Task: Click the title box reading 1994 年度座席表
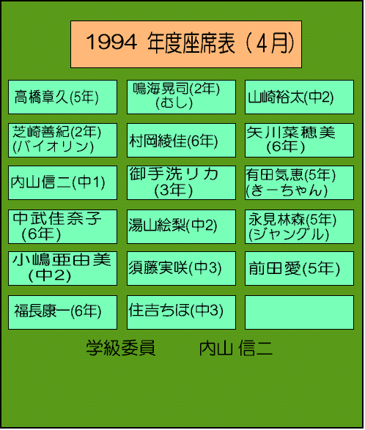coord(186,44)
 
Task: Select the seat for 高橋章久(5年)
coord(62,97)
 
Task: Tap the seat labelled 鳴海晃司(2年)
coord(181,97)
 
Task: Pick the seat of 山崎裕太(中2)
coord(299,97)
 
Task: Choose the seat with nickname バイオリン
coord(62,140)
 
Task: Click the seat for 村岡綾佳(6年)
coord(181,140)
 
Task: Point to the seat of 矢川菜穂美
coord(299,140)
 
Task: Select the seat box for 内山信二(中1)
coord(62,182)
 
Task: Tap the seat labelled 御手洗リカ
coord(181,182)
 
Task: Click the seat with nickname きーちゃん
coord(299,182)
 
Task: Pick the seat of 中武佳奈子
coord(62,227)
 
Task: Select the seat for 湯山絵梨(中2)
coord(181,227)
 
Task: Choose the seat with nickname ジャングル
coord(299,227)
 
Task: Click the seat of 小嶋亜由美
coord(62,269)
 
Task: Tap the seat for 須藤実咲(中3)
coord(181,269)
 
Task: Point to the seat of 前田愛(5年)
coord(299,269)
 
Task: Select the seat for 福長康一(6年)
coord(62,312)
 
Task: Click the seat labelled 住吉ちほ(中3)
coord(181,312)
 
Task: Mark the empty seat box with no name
coord(299,312)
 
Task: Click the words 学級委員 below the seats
coord(121,348)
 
